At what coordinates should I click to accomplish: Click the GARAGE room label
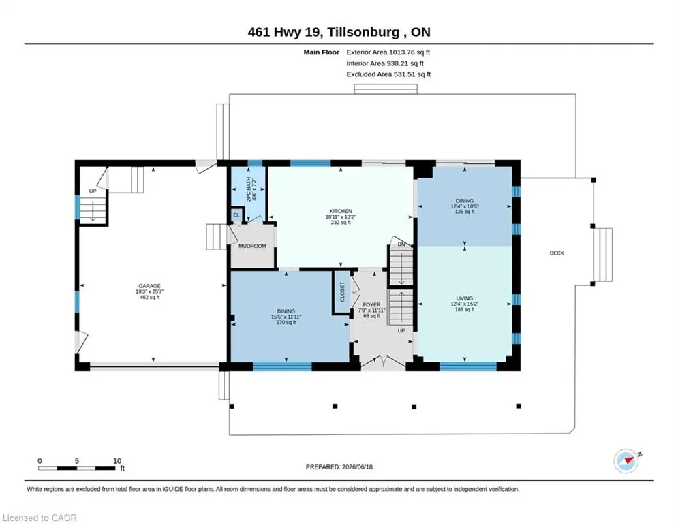tap(150, 286)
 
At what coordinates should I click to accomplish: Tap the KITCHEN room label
tap(341, 211)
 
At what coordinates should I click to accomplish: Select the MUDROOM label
tap(253, 246)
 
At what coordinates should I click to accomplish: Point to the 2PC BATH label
tap(249, 189)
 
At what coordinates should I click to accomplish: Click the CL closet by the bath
tap(236, 215)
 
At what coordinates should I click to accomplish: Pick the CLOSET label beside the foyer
tap(343, 292)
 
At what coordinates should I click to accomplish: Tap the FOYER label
tap(372, 304)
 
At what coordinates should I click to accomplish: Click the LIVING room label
tap(465, 298)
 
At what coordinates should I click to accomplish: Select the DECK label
tap(557, 253)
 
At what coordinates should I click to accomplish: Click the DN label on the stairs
tap(401, 244)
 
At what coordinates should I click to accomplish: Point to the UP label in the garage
tap(93, 191)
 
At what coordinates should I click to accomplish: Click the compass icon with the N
tap(626, 461)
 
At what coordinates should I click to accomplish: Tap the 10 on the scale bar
tap(117, 461)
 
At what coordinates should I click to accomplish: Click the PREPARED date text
tap(339, 466)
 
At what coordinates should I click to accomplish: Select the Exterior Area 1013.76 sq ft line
tap(388, 52)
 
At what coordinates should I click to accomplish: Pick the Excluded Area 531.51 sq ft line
tap(388, 74)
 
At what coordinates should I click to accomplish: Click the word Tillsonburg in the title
tap(363, 32)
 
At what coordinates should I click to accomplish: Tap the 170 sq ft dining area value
tap(286, 322)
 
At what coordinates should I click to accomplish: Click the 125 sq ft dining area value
tap(465, 212)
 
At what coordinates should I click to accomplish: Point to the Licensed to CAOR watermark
tap(40, 518)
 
